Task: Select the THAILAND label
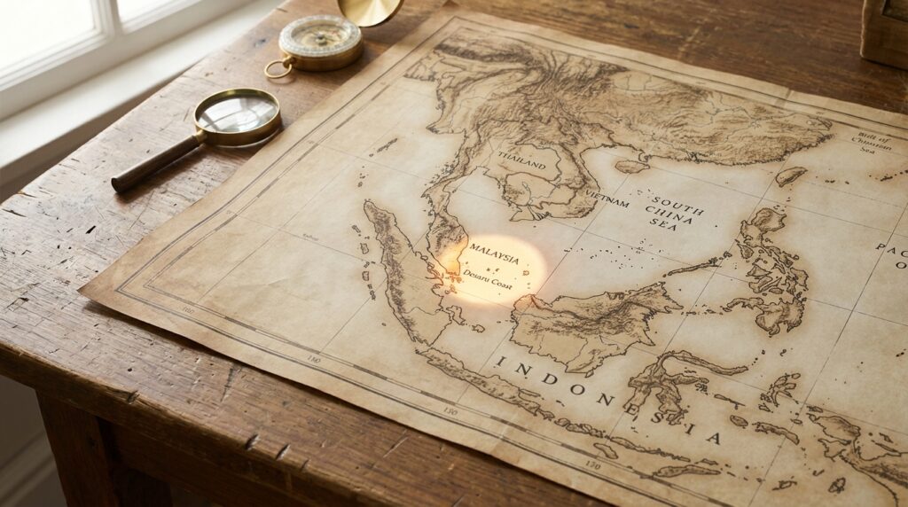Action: pyautogui.click(x=521, y=156)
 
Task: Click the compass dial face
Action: pyautogui.click(x=319, y=39)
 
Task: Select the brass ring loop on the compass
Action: pyautogui.click(x=278, y=68)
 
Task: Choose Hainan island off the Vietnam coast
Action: pyautogui.click(x=631, y=166)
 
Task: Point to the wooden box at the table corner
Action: pyautogui.click(x=884, y=33)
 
